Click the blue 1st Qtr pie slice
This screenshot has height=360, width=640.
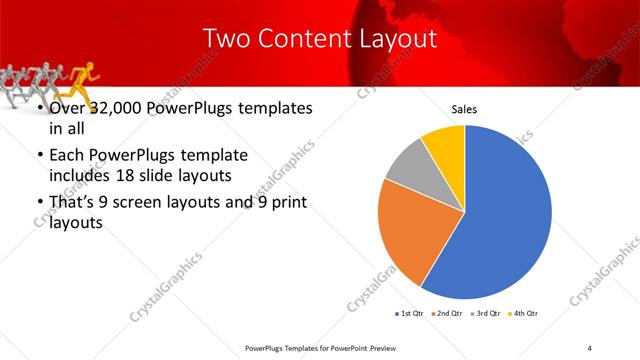tap(505, 215)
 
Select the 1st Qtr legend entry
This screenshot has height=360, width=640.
tap(411, 314)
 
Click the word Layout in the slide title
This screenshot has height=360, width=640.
tap(390, 39)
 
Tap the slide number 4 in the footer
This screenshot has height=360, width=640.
tap(590, 347)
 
